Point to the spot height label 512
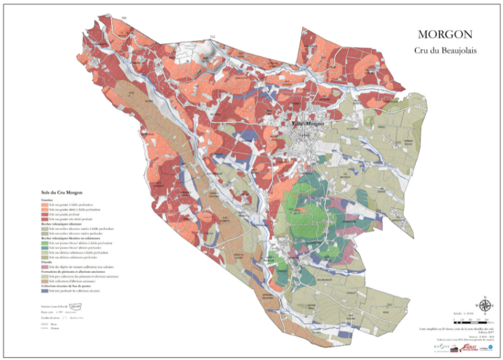(x=212, y=37)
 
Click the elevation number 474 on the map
(x=132, y=93)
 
